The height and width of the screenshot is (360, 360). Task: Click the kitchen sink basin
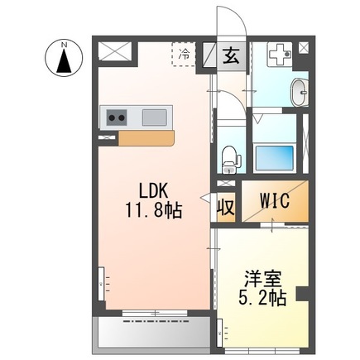[x=155, y=118]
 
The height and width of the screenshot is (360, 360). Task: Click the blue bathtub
[x=277, y=156]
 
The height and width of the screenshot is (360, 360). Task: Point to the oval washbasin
[x=299, y=90]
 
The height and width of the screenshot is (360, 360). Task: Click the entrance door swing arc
[x=227, y=21]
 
